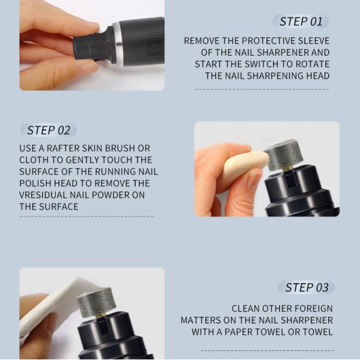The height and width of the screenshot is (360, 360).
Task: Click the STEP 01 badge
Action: click(x=301, y=22)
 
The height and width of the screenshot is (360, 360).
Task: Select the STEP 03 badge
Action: click(x=307, y=287)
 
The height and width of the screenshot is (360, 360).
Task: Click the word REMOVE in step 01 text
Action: click(x=203, y=41)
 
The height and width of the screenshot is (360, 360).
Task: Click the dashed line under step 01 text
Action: click(x=262, y=89)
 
